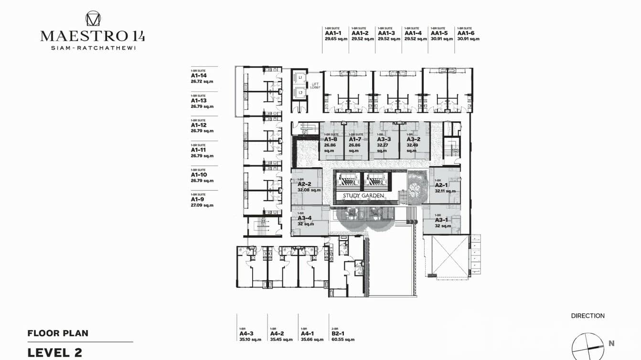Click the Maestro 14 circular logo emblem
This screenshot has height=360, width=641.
(x=93, y=19)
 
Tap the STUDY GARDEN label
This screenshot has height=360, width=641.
(x=363, y=196)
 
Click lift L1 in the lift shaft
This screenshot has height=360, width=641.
(x=300, y=77)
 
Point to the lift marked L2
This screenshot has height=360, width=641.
(x=300, y=93)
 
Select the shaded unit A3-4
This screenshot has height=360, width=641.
(x=306, y=220)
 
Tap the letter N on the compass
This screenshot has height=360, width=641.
(x=611, y=343)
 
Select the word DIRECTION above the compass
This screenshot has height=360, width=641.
(x=588, y=316)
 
